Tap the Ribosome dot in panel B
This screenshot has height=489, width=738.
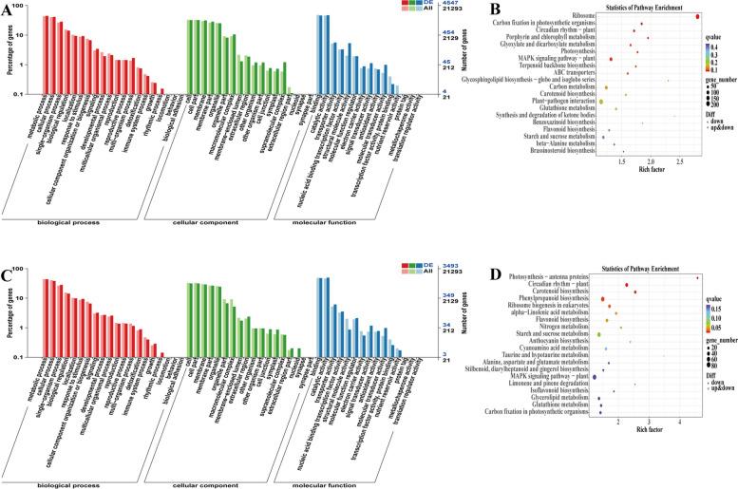pos(698,15)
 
